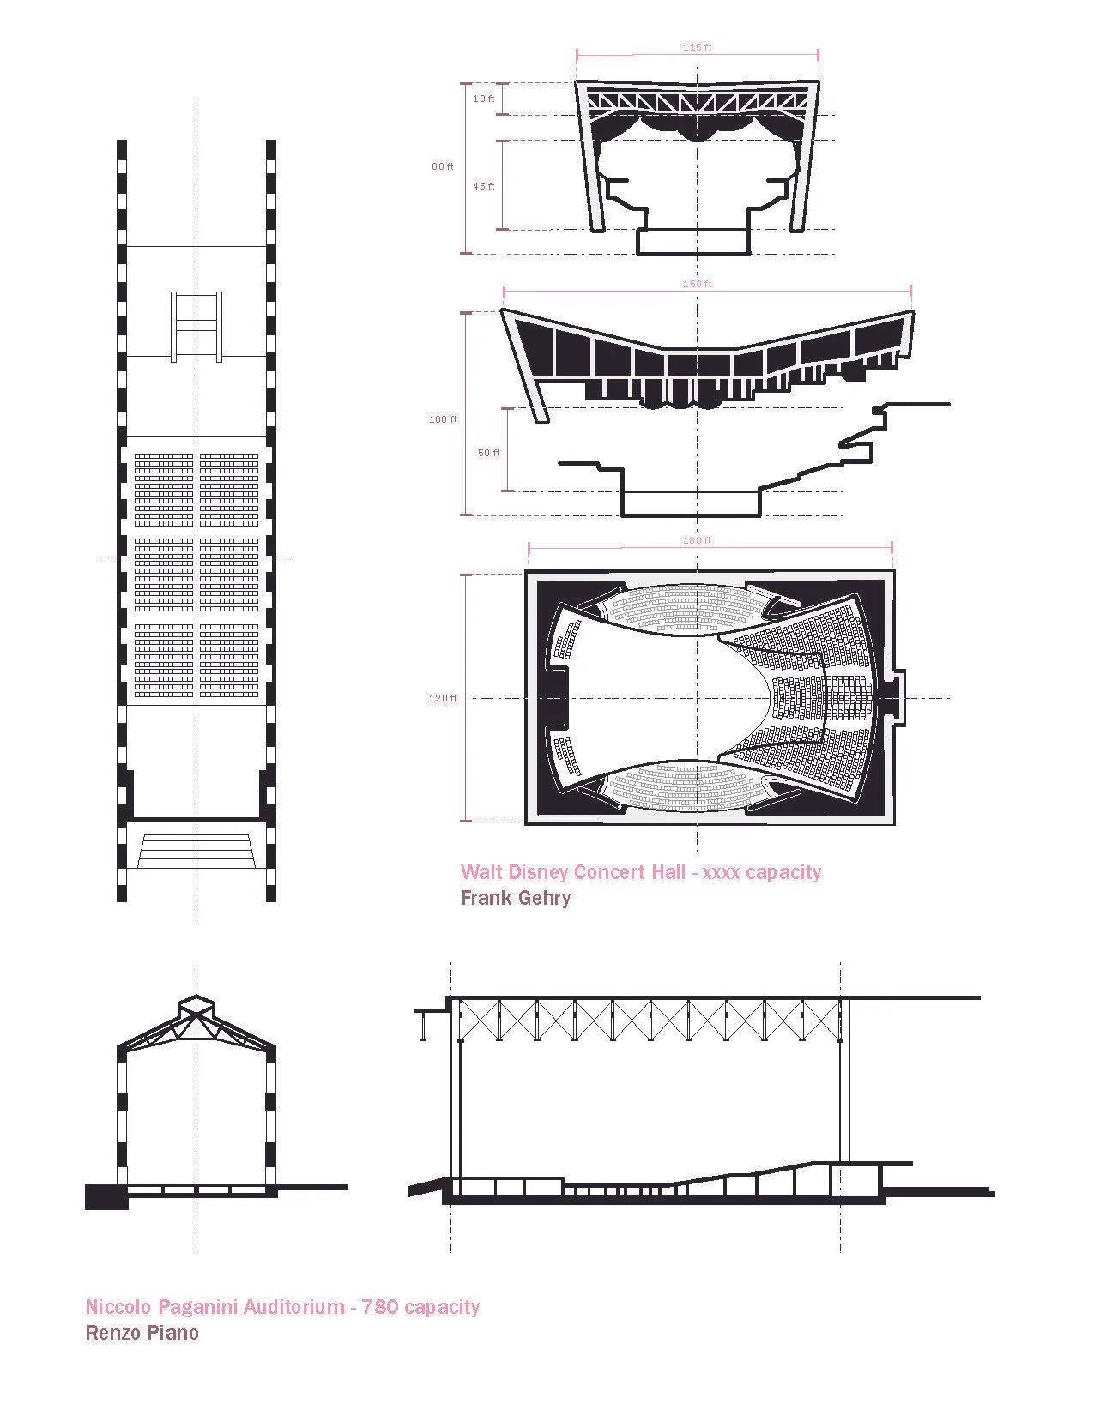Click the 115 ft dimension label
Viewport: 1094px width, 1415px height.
tap(697, 47)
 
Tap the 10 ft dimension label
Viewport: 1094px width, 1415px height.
tap(484, 99)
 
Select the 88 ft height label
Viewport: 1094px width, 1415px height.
tap(443, 166)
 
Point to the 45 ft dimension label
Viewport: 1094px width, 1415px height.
tap(484, 186)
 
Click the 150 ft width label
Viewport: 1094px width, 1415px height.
tap(697, 284)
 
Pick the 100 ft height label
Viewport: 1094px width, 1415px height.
tap(443, 419)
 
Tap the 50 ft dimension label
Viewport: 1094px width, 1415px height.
tap(489, 453)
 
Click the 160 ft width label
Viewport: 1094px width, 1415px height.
tap(697, 540)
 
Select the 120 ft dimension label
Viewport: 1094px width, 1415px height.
tap(443, 698)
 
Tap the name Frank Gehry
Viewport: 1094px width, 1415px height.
tap(516, 898)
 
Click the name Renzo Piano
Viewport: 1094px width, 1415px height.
tap(142, 1333)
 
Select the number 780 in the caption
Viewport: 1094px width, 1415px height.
tap(379, 1307)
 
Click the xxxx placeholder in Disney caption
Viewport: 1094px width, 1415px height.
tap(721, 873)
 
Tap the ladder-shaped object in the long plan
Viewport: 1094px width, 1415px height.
tap(196, 327)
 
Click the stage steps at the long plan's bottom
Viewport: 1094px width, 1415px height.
tap(196, 849)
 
